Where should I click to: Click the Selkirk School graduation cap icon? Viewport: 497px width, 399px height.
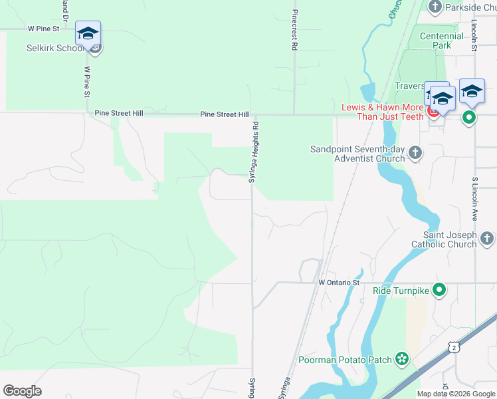88,33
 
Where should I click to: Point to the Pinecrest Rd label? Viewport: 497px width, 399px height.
293,31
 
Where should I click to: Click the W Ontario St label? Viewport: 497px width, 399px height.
339,283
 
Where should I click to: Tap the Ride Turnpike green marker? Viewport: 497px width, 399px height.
439,289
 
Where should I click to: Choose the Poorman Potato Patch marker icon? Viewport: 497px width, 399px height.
402,360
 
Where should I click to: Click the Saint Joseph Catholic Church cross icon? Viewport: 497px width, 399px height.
487,237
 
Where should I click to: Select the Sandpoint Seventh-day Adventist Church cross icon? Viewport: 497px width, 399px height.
415,153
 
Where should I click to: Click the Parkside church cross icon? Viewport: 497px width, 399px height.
435,7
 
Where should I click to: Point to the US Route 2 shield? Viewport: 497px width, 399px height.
453,346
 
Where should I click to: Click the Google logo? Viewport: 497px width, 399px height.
22,391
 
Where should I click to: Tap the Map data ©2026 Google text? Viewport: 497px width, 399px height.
456,393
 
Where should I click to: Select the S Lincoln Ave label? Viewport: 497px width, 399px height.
475,199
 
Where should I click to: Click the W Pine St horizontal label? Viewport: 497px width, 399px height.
43,29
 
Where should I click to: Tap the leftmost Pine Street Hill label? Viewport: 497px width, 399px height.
119,114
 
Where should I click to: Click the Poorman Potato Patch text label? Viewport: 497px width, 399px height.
345,360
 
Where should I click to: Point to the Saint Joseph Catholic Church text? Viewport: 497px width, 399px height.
450,239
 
